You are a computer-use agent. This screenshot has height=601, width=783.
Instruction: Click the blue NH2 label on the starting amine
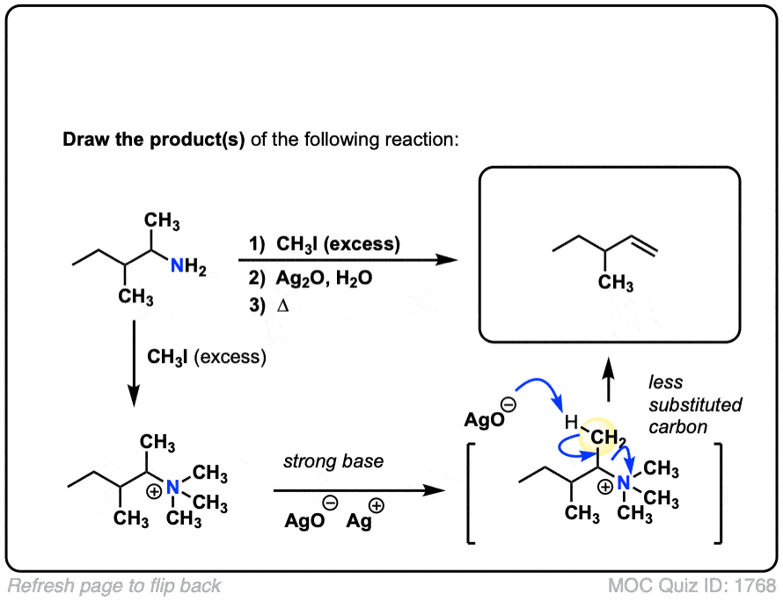coord(187,270)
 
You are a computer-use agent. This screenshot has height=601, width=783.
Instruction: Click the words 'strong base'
coord(333,461)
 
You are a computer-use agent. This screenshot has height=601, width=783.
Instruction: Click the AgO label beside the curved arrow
coord(487,420)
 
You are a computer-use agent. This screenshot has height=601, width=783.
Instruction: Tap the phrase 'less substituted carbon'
coord(682,405)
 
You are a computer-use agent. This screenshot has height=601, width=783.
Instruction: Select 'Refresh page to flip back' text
coord(115,585)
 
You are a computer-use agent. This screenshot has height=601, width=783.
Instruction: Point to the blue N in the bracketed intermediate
coord(624,483)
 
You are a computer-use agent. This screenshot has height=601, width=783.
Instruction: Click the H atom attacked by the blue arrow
coord(572,423)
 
